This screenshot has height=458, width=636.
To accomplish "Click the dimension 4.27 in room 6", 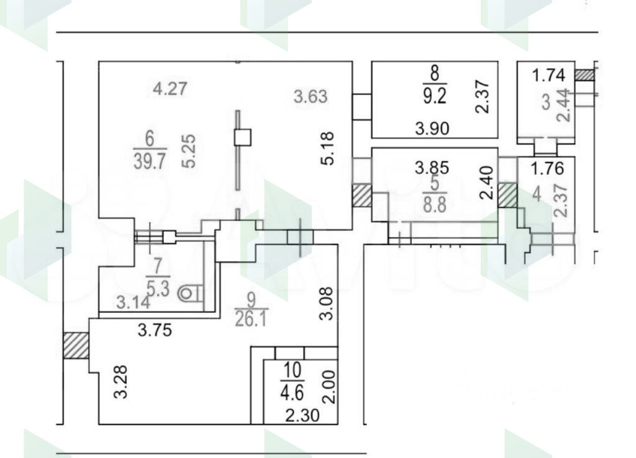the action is [x=171, y=89].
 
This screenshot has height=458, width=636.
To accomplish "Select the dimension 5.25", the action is [x=189, y=152].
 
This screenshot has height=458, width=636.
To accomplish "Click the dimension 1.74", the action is [x=549, y=76].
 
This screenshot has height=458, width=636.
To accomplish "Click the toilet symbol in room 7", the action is [x=189, y=294].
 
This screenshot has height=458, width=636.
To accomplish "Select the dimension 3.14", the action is [x=133, y=303].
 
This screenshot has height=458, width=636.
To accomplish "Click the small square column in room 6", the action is [x=243, y=137].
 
